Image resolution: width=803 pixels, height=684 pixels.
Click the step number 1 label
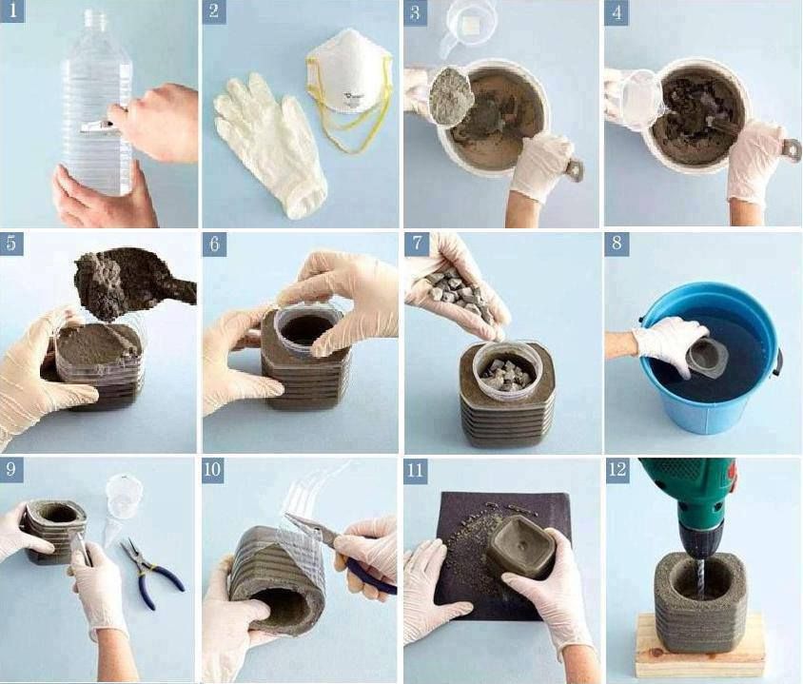coord(12,10)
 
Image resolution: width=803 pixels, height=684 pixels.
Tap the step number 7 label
coord(417,243)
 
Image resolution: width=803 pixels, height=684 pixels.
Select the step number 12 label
coord(617,469)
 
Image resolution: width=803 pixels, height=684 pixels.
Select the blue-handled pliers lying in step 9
coord(151,574)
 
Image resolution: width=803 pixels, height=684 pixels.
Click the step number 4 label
coord(617,12)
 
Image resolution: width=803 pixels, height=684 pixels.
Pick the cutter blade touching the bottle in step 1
coord(96,127)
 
